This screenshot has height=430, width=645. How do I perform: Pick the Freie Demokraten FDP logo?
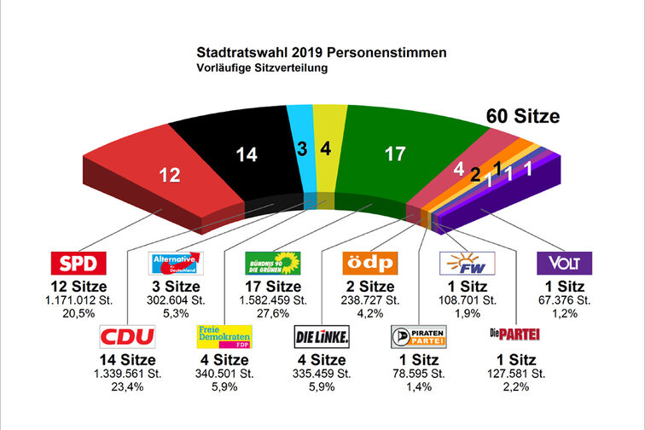pyautogui.click(x=223, y=336)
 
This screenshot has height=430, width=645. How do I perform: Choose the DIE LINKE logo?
pyautogui.click(x=321, y=336)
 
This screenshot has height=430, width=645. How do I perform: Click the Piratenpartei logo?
pyautogui.click(x=417, y=336)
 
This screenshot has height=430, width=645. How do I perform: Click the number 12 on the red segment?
pyautogui.click(x=170, y=176)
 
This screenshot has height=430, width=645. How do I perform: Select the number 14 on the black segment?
pyautogui.click(x=246, y=154)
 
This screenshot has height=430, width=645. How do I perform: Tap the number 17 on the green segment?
pyautogui.click(x=394, y=154)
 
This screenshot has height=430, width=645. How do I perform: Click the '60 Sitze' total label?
pyautogui.click(x=523, y=117)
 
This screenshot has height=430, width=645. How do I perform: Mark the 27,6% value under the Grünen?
pyautogui.click(x=272, y=313)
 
